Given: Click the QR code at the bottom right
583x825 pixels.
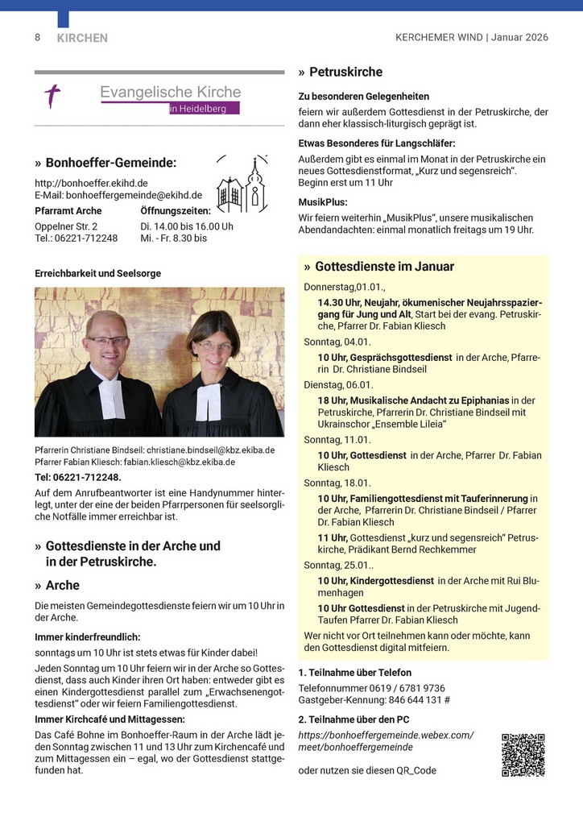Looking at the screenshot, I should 523,755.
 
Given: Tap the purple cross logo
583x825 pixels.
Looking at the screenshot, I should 52,97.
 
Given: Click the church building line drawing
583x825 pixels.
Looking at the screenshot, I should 242,185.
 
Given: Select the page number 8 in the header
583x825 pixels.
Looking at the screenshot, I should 37,38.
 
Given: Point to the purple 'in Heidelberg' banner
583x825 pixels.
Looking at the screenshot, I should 204,109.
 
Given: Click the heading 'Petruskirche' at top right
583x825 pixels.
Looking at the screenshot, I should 345,72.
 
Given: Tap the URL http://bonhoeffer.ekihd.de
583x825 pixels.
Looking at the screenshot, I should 91,183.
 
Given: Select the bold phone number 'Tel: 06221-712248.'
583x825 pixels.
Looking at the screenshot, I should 77,477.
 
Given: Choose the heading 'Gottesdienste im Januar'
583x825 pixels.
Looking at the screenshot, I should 384,267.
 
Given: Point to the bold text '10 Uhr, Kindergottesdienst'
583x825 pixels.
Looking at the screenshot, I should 376,580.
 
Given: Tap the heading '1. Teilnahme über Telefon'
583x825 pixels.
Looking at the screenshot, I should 354,673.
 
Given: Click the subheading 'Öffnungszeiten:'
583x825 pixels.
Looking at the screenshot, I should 175,211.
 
